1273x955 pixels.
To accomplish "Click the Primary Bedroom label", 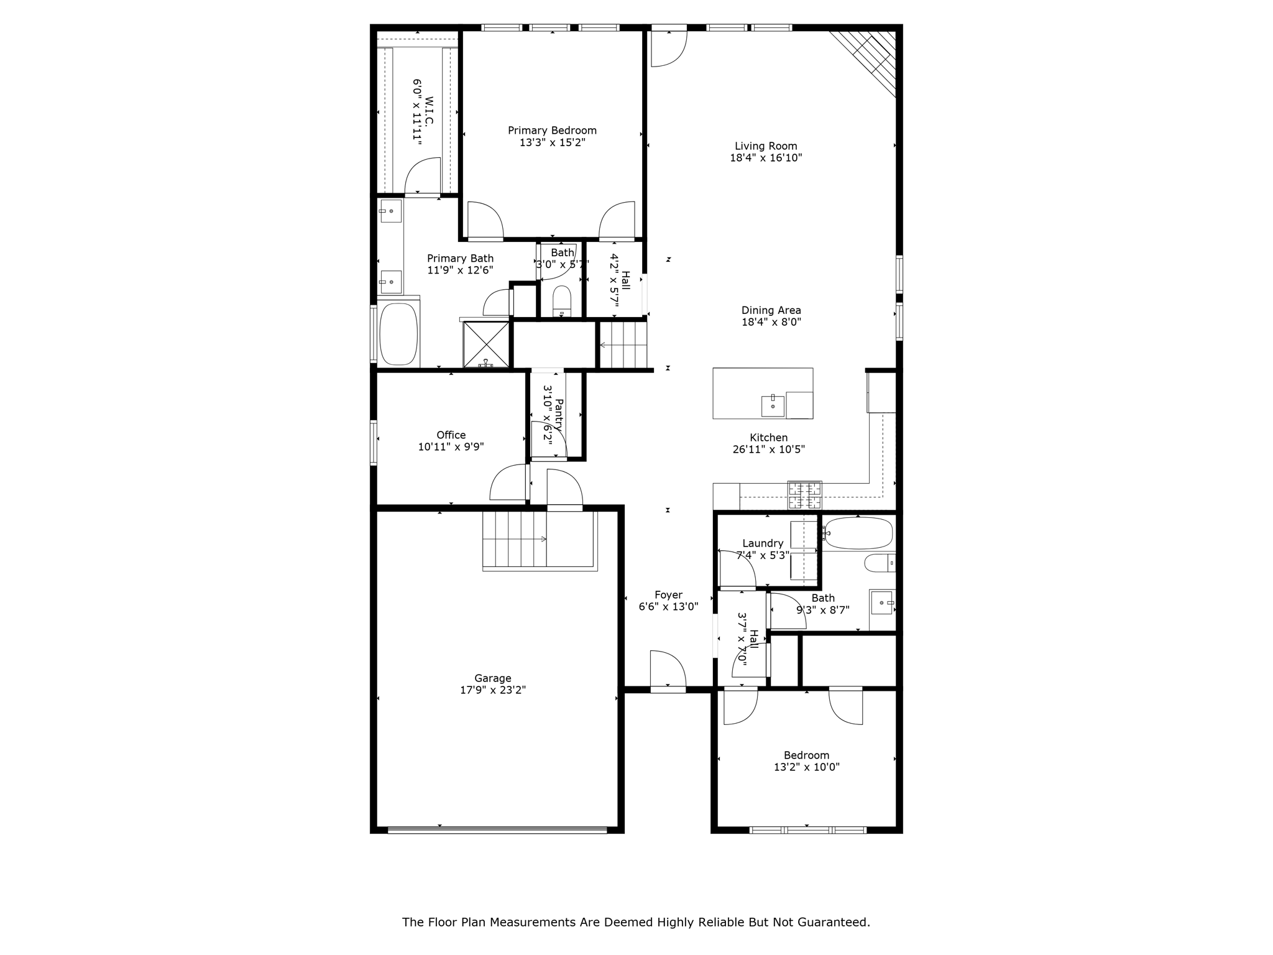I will pos(552,131).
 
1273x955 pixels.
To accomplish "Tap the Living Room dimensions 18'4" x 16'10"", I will pos(766,158).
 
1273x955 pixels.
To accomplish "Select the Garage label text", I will pos(493,678).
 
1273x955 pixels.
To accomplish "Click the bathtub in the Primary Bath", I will pos(398,334).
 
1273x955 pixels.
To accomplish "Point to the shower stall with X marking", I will pos(486,344).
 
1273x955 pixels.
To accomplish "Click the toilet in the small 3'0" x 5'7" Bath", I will pos(561,302).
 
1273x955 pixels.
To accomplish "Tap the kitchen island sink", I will pos(773,405).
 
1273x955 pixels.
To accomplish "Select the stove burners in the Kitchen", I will pos(804,496).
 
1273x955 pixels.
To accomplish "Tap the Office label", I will pos(451,435).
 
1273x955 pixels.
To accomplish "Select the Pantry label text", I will pos(558,415).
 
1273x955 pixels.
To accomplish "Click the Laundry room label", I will pos(763,543).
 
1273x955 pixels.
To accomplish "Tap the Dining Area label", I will pos(771,310).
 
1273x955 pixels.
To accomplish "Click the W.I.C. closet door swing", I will pos(423,177).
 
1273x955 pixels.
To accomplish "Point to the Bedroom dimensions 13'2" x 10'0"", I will pos(806,767).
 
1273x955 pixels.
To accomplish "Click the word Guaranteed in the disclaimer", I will pos(834,922).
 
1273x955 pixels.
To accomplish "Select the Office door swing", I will pos(508,483).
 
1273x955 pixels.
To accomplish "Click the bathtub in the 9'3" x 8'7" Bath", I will pos(858,533).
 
